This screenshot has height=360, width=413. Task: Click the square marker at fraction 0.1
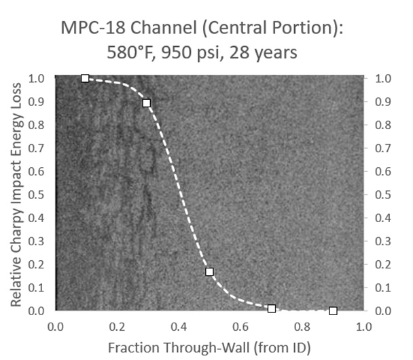pos(85,79)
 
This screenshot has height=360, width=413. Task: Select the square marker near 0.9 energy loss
pos(146,103)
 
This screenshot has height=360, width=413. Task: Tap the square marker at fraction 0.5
pos(209,272)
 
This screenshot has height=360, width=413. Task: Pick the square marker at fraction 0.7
pos(271,308)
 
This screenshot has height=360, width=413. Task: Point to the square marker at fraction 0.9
pos(333,311)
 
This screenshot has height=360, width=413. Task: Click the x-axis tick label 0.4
pos(178,326)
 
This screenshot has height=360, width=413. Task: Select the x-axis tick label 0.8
pos(302,326)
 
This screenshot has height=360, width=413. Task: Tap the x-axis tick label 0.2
pos(116,326)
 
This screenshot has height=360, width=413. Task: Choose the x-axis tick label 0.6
pos(240,326)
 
